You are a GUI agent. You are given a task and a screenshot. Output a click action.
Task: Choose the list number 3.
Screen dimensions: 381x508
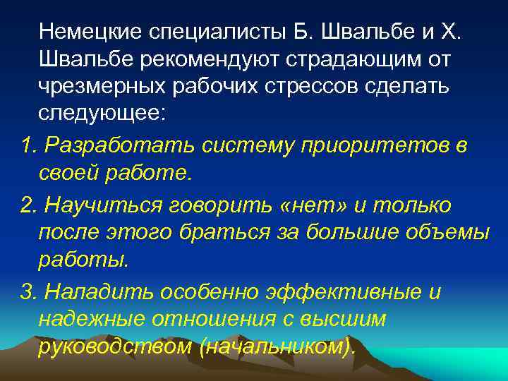click(28, 292)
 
